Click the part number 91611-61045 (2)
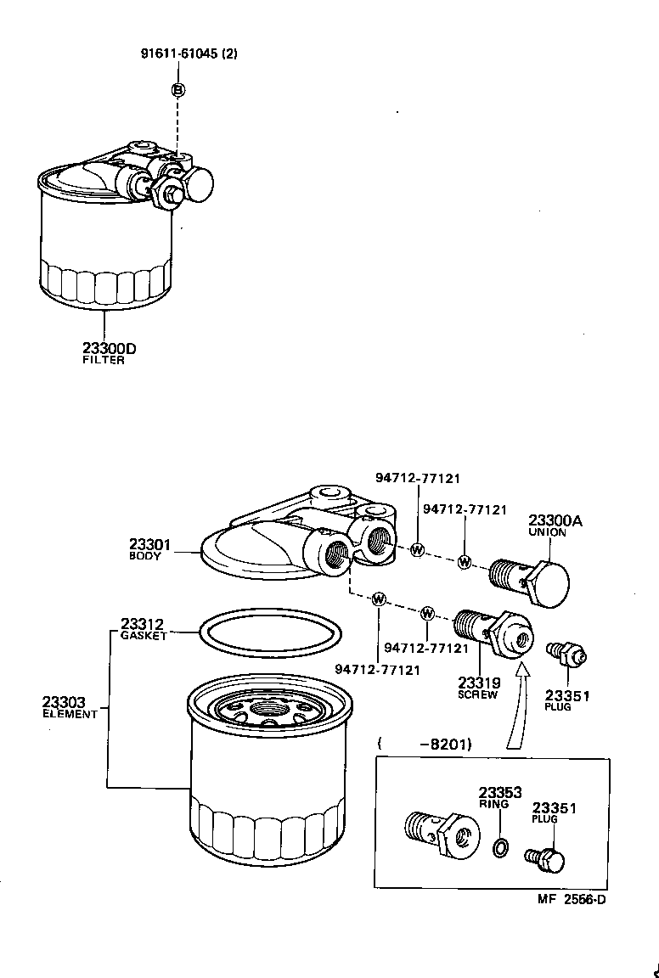189,53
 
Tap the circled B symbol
178,90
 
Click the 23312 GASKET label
143,628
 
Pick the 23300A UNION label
555,526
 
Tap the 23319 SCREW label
478,687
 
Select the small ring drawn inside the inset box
501,846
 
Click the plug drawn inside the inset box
546,861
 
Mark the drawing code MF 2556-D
572,900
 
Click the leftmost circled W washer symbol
380,599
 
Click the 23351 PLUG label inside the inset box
554,812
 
